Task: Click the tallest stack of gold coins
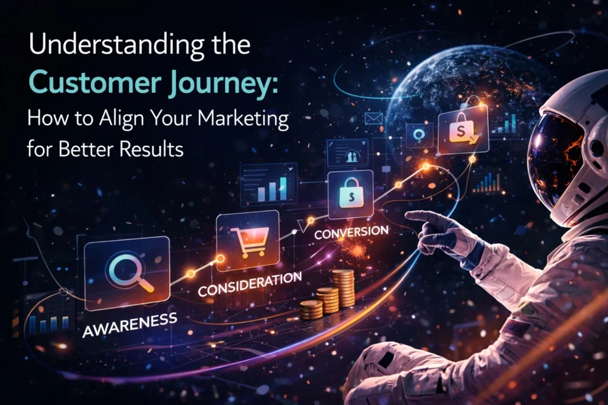coord(343,289)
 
